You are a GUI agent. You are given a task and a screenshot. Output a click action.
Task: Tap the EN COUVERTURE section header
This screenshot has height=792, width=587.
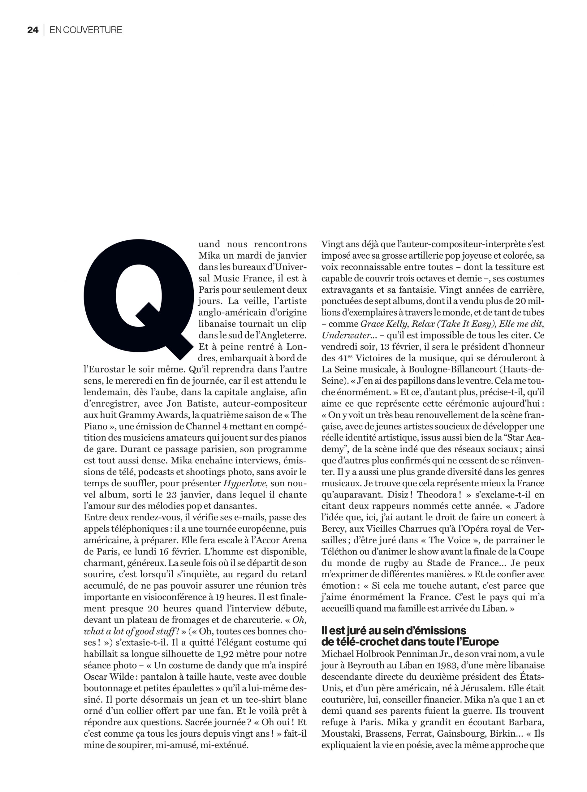click(86, 30)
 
